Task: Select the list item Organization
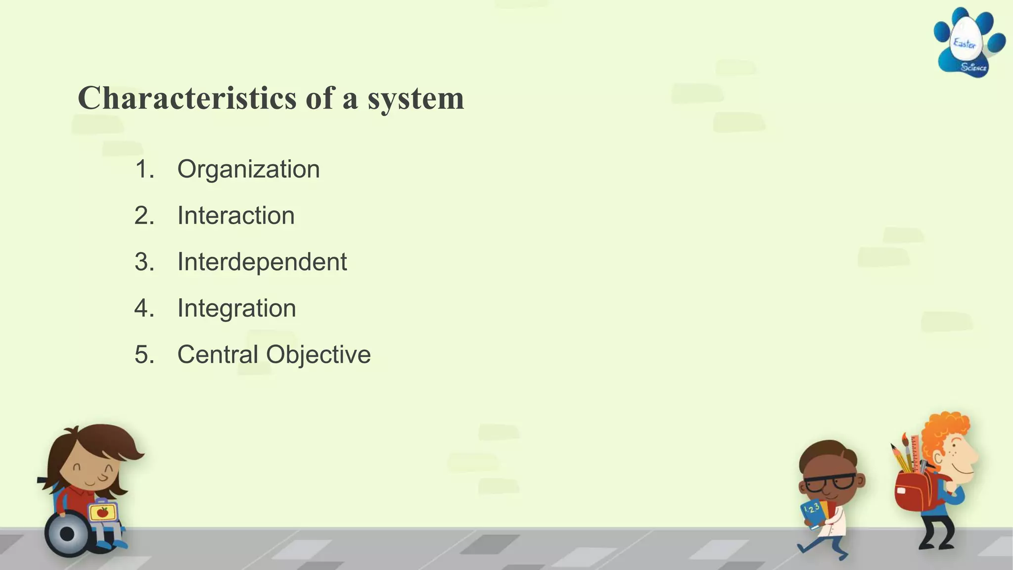point(248,169)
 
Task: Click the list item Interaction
point(236,216)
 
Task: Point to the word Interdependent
point(262,262)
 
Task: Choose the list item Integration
point(236,308)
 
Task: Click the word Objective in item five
point(319,355)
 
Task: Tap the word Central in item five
point(218,355)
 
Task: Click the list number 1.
point(144,169)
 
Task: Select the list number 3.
point(144,262)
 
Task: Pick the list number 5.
point(144,355)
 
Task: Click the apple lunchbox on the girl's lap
point(103,512)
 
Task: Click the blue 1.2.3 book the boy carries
point(812,513)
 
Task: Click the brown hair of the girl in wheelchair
point(106,440)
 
